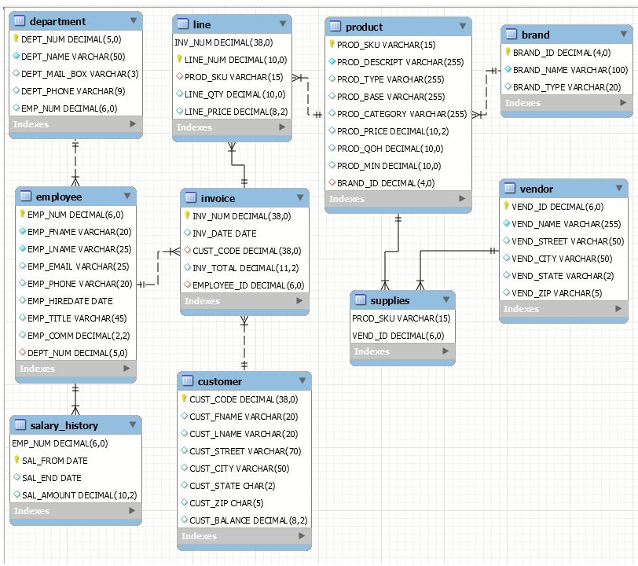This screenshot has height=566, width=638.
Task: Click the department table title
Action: click(57, 21)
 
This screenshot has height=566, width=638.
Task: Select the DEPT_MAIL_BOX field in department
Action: click(79, 74)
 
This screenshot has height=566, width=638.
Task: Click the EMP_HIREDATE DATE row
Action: click(70, 301)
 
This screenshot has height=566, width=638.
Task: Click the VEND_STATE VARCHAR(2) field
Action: click(562, 276)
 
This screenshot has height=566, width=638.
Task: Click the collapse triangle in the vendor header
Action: click(617, 189)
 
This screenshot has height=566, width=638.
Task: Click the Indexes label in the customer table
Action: click(199, 536)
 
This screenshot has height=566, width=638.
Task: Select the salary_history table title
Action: click(64, 425)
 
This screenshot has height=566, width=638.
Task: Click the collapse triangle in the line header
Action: click(281, 25)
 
